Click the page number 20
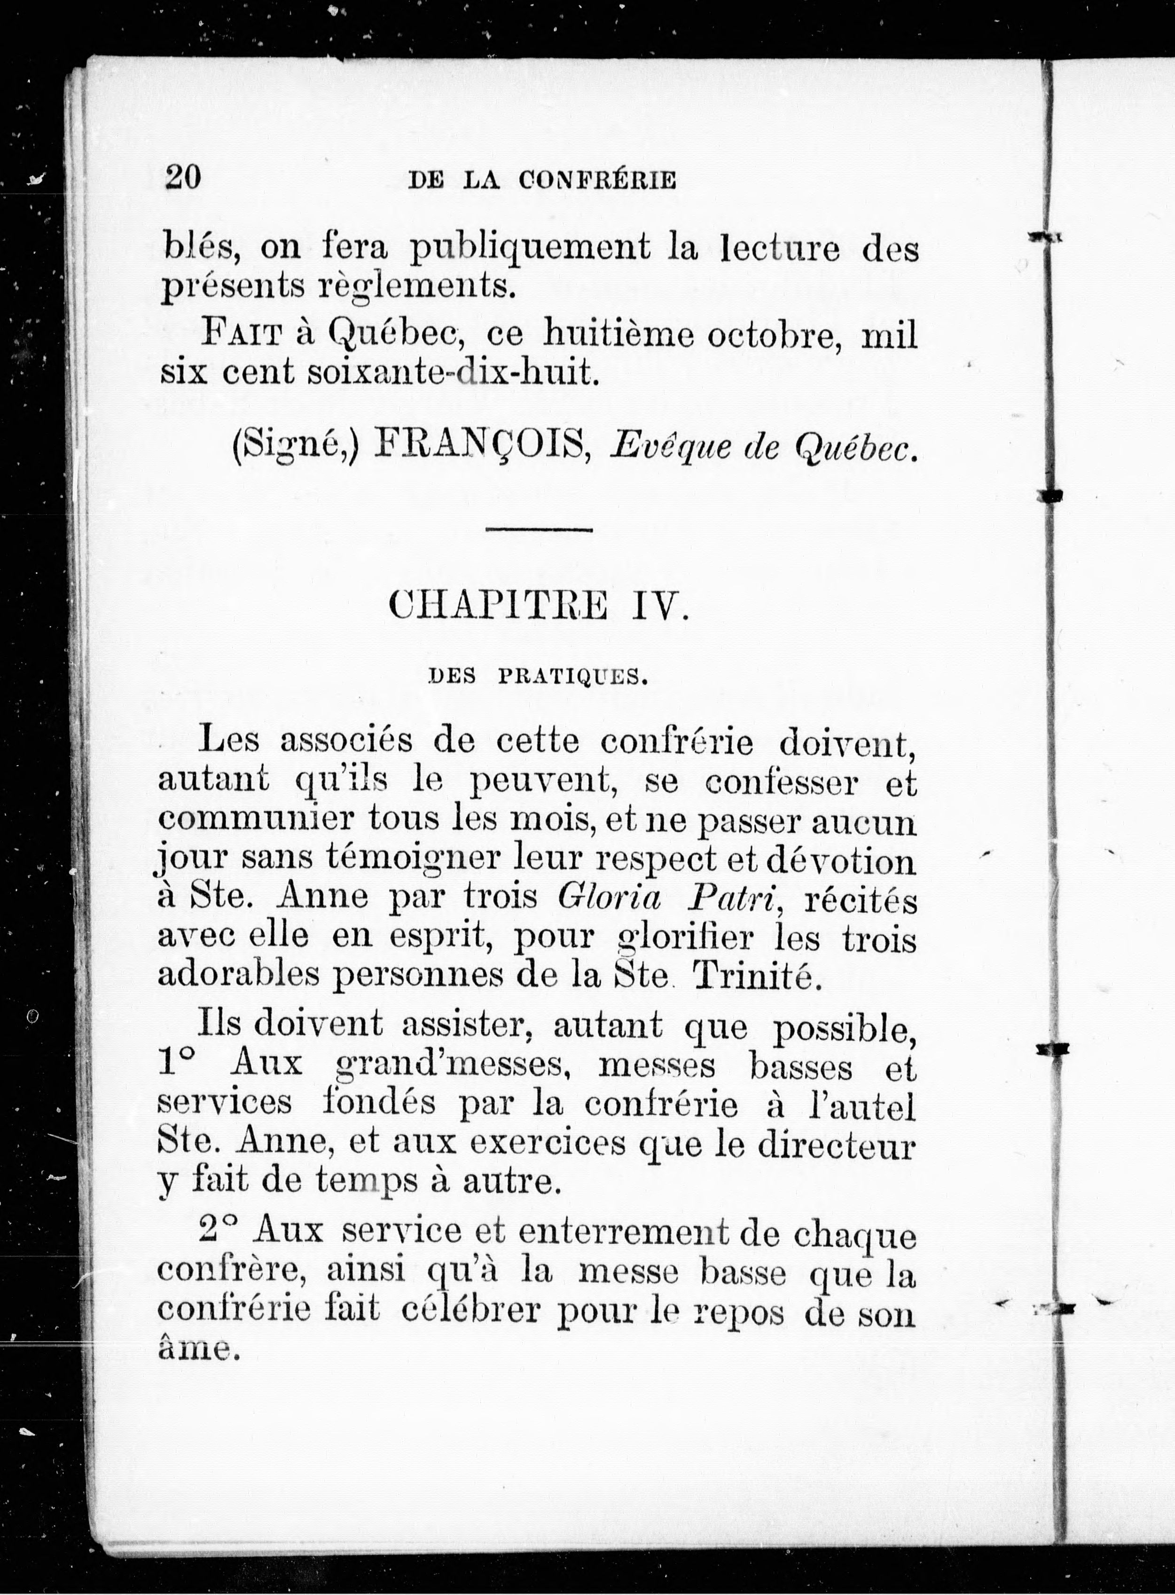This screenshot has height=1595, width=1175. click(183, 177)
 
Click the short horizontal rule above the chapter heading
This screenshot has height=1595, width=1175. click(539, 529)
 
